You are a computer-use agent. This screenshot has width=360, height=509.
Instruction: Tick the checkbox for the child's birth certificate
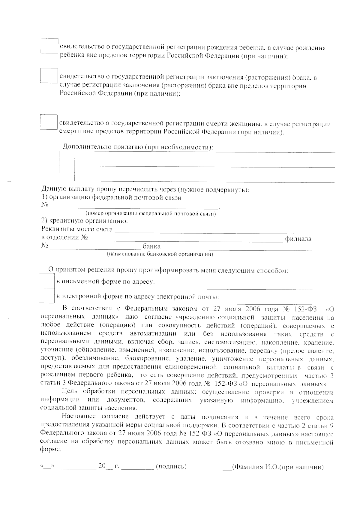(49, 46)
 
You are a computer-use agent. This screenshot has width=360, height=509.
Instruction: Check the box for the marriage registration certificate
(49, 76)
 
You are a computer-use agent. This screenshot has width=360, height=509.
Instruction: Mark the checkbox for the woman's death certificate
(49, 122)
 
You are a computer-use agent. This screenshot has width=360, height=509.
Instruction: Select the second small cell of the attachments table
(67, 173)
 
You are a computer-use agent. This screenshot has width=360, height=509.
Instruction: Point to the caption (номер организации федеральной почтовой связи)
(151, 214)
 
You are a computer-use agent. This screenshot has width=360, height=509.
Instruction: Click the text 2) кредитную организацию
(84, 221)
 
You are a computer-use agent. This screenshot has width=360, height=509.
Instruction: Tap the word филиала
(298, 239)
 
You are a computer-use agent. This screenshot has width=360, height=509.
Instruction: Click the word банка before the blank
(151, 247)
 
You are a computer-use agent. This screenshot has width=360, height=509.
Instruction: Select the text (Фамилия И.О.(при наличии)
(278, 467)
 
